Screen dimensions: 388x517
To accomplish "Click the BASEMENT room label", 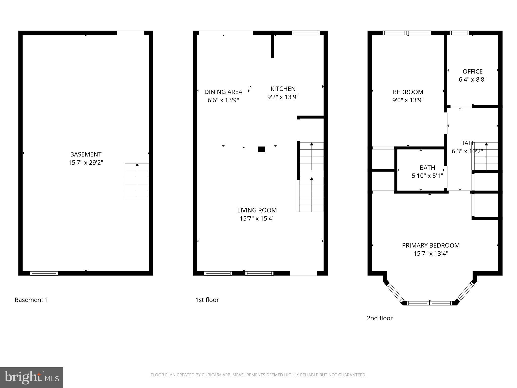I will coord(86,154).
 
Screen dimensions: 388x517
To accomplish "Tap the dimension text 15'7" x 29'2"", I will coord(86,163).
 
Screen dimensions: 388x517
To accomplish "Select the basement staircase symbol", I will coord(137,180).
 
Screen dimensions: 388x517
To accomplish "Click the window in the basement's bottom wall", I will coord(44,273).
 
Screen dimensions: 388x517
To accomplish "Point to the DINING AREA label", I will coord(223,92).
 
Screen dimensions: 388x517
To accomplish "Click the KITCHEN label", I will coord(283,89).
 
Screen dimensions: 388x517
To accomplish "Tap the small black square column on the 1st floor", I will coord(261,149).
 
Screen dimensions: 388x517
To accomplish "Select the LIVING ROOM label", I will coord(257,210).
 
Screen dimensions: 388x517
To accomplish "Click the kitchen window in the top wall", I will coord(306,33).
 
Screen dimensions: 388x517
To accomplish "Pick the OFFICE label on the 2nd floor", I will coord(473,71).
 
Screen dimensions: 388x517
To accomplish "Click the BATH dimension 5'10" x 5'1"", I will coord(427,176).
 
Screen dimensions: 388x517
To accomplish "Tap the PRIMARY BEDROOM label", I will coord(431,245).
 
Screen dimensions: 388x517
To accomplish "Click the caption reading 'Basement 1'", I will coord(31,300).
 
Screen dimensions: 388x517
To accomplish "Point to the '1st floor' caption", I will coord(207,300).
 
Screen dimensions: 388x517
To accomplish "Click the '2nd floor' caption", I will coord(380,318).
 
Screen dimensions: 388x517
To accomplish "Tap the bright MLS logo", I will coord(31,377).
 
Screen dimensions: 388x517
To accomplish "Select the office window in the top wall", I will coord(459,33).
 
